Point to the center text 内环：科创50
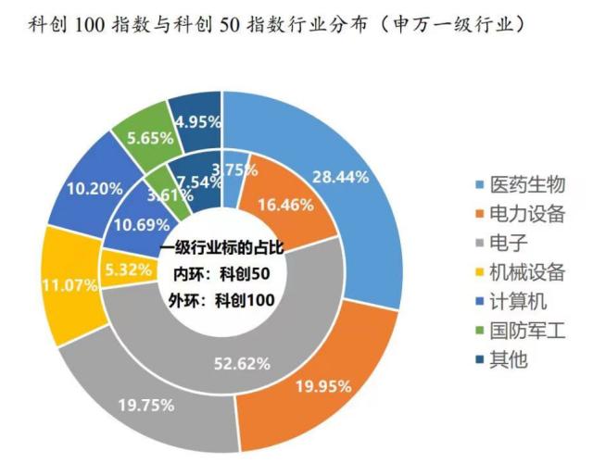click(x=222, y=274)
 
